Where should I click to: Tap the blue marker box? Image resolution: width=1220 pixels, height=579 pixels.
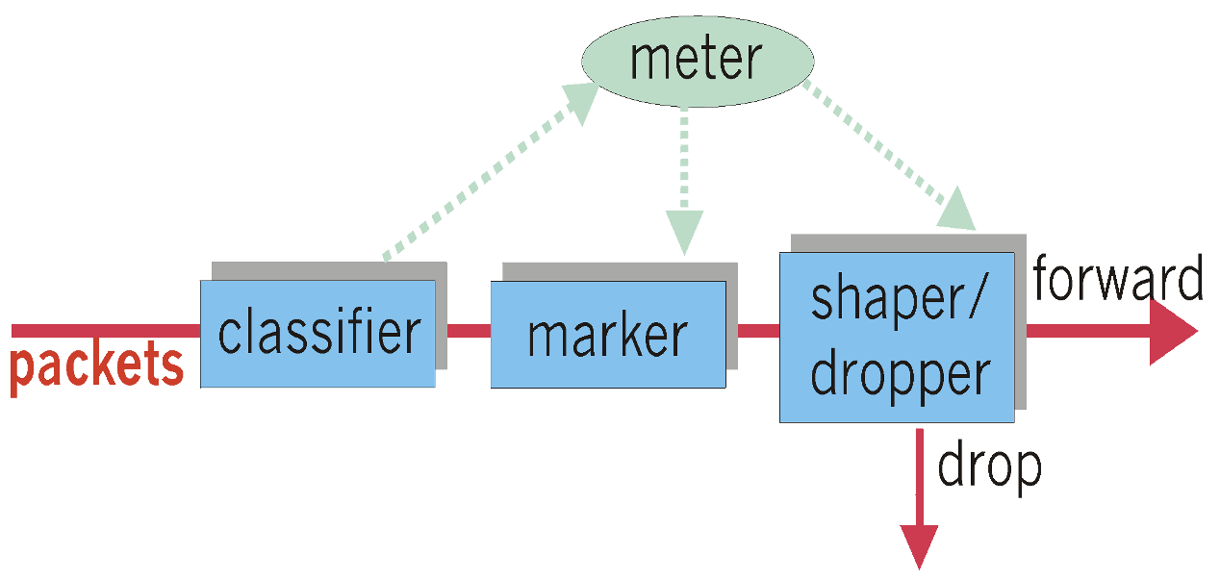(608, 335)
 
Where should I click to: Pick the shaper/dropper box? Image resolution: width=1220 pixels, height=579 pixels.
(896, 337)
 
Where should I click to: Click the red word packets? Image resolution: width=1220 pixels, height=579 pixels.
(97, 365)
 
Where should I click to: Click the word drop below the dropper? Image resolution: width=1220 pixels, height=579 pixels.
(989, 466)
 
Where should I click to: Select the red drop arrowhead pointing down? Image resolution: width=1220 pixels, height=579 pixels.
(919, 546)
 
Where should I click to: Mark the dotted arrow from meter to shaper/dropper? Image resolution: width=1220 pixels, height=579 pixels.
(876, 144)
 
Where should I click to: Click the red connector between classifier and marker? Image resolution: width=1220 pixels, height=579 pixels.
(463, 331)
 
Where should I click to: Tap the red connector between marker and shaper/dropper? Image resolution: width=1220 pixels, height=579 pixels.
(758, 331)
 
